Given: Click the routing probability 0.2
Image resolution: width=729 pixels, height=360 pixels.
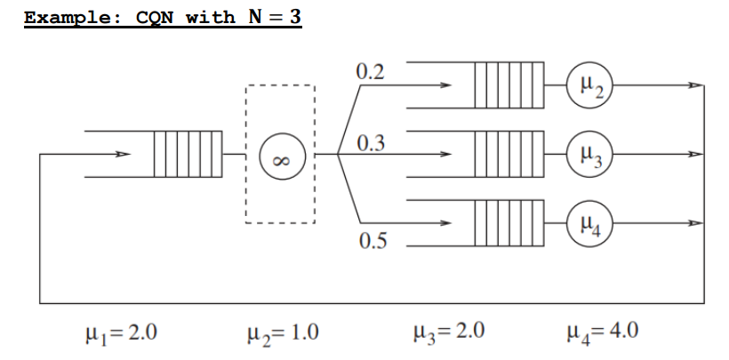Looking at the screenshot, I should pyautogui.click(x=371, y=71).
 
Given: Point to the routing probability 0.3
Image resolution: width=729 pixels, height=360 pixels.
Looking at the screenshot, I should pyautogui.click(x=371, y=143).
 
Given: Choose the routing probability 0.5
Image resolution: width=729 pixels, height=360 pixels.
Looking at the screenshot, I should pyautogui.click(x=371, y=241).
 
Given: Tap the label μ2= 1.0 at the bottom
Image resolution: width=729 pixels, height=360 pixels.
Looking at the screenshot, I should pyautogui.click(x=280, y=333).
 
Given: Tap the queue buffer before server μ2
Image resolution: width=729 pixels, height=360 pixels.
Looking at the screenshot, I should pyautogui.click(x=508, y=86).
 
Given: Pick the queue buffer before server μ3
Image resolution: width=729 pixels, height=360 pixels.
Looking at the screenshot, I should pyautogui.click(x=508, y=154).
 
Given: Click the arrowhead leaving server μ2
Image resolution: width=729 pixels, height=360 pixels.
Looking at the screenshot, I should pyautogui.click(x=696, y=86).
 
